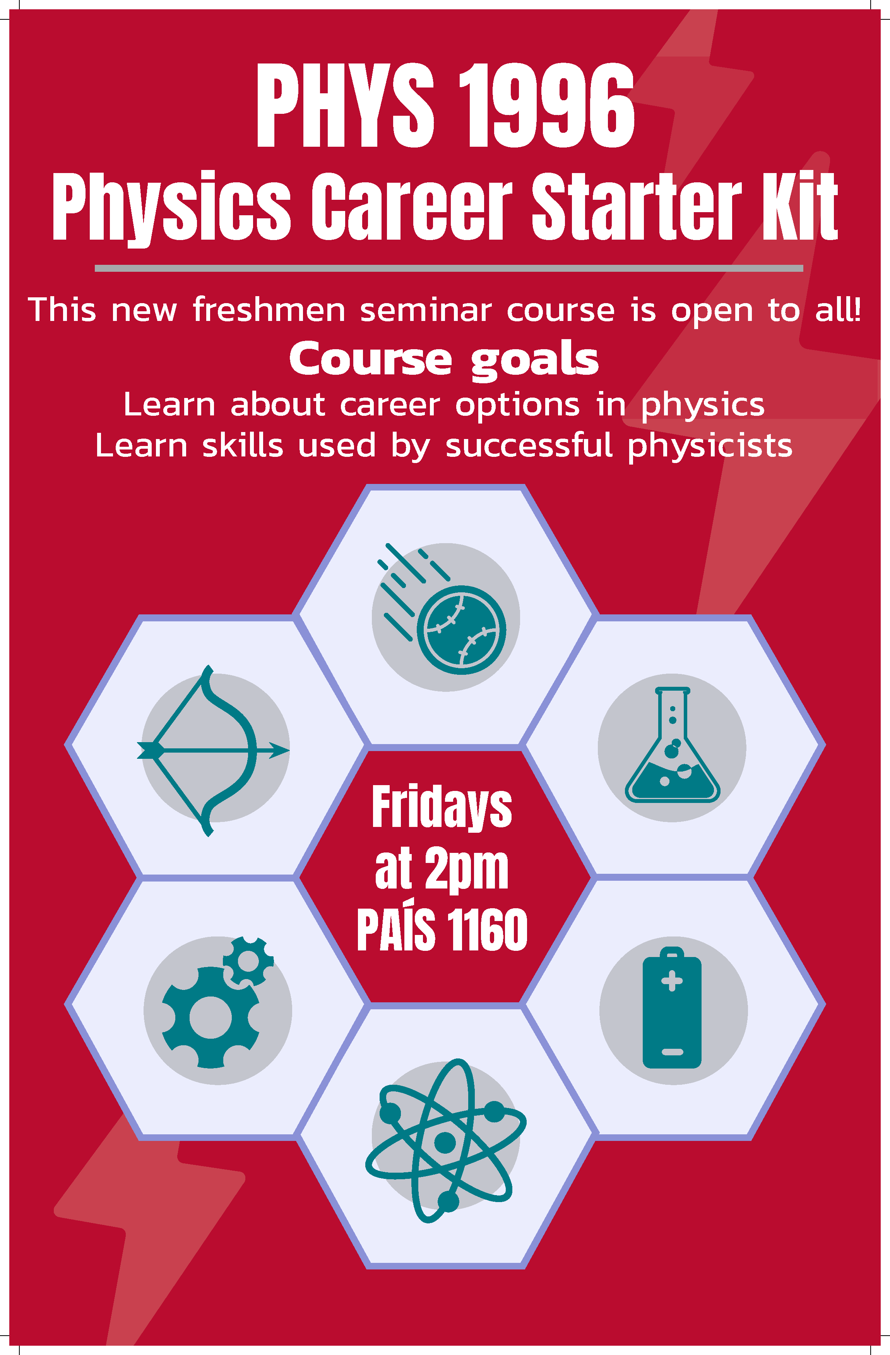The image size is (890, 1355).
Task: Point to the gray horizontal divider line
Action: tap(448, 268)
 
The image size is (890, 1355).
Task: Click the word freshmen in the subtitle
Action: tap(269, 310)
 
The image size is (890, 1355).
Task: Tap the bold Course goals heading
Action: tap(444, 359)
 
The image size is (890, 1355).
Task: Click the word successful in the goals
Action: tap(529, 446)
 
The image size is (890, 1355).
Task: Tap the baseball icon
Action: tap(461, 629)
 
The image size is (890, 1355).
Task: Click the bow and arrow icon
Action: tap(213, 750)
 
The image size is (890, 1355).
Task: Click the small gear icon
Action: tap(248, 961)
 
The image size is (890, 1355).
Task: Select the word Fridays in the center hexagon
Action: tap(442, 807)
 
